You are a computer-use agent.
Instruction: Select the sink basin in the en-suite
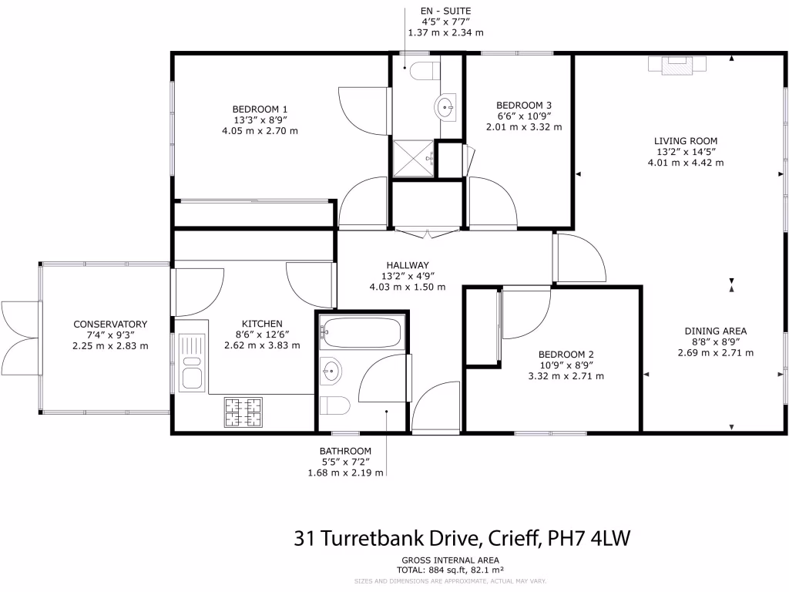click(445, 107)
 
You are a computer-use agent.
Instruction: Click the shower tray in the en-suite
click(414, 159)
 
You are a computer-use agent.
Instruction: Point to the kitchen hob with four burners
click(243, 412)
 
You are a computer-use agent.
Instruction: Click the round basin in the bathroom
click(331, 371)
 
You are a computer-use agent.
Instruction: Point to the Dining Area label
click(715, 331)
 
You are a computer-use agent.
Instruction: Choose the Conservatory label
click(109, 325)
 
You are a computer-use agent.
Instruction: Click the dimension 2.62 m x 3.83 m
click(262, 345)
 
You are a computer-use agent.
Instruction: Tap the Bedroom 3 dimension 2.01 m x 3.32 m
click(523, 127)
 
